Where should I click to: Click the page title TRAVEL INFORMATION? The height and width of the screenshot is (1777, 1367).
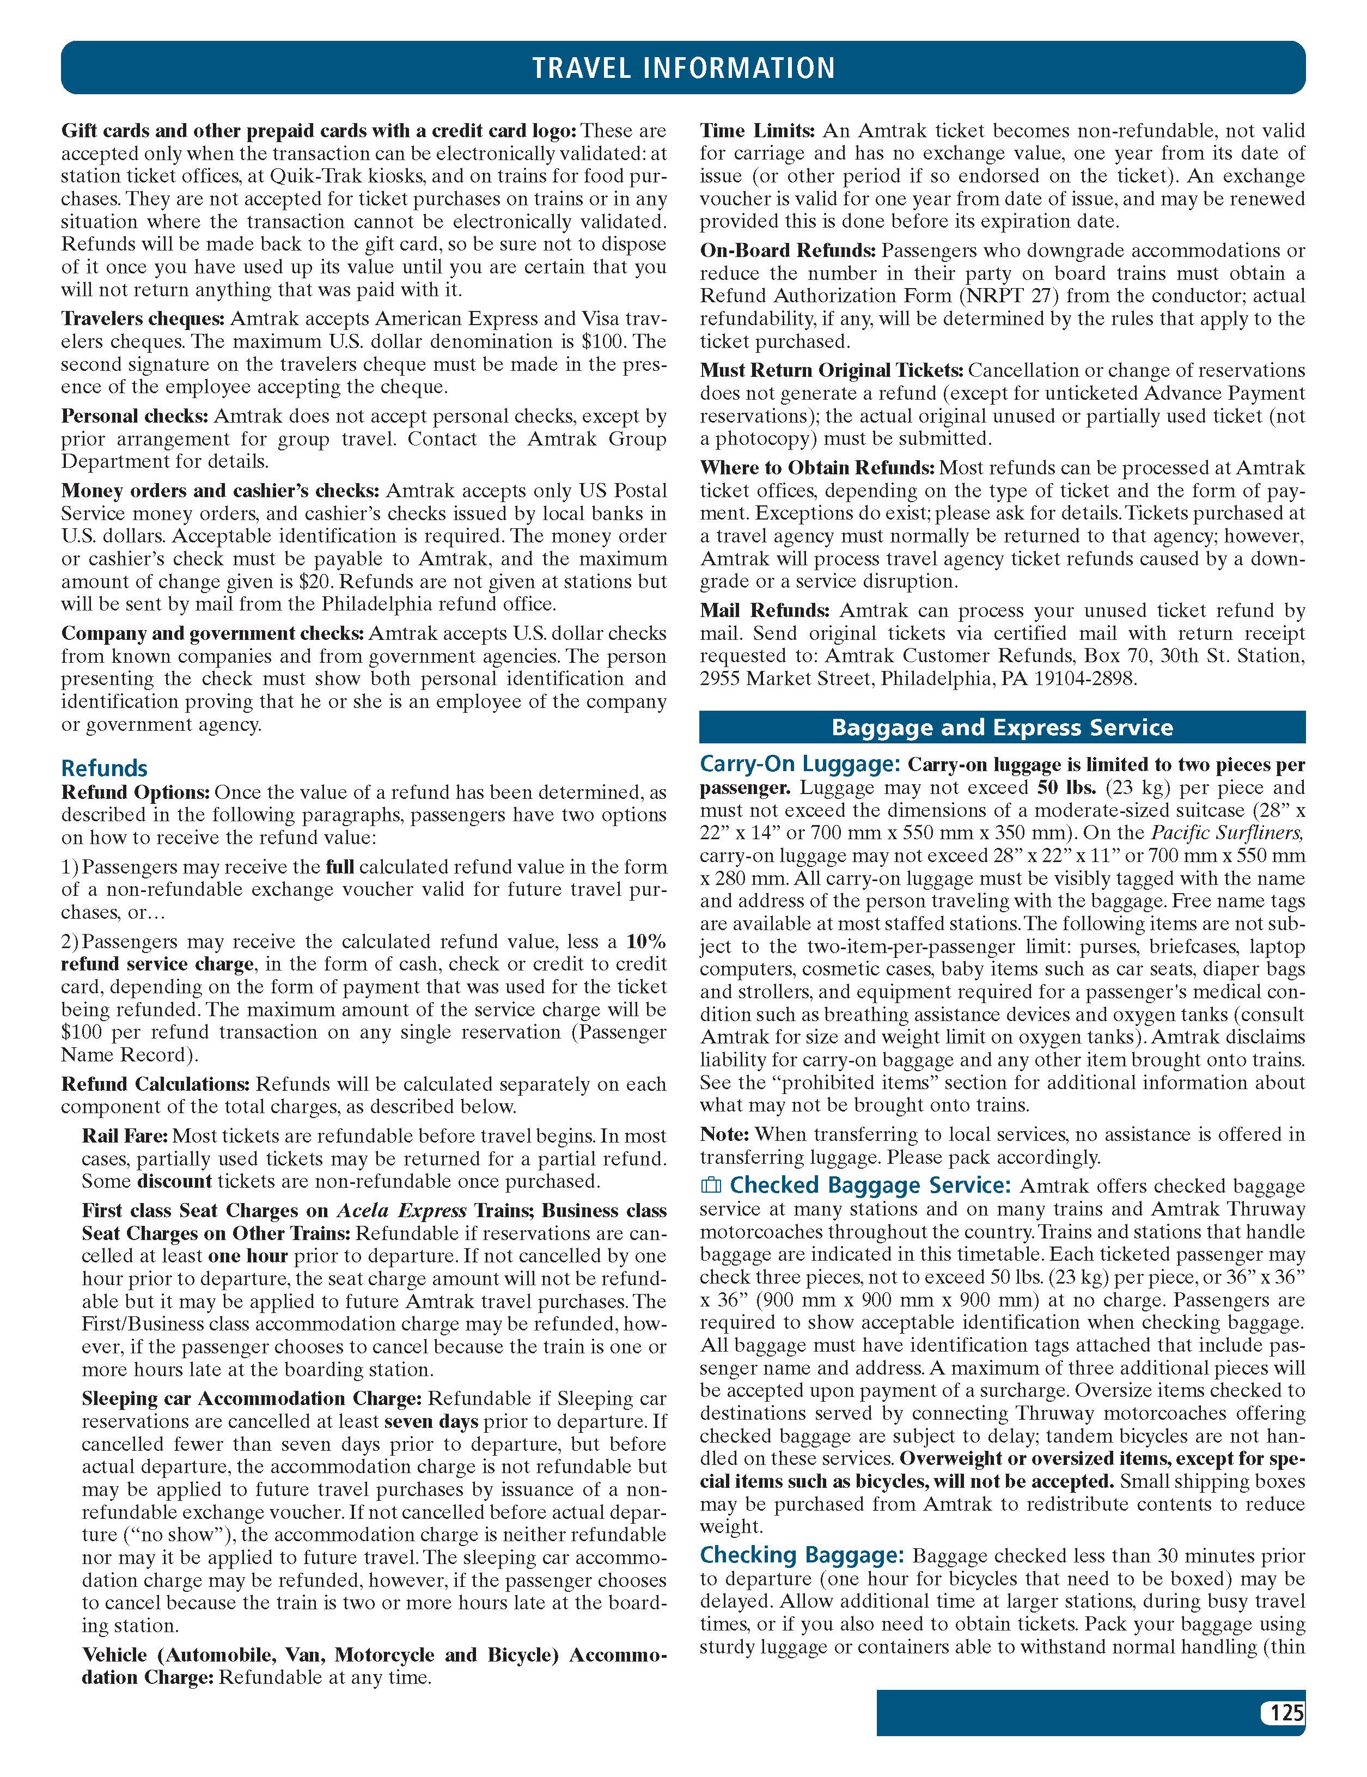coord(683,68)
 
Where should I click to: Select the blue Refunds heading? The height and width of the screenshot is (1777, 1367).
coord(104,768)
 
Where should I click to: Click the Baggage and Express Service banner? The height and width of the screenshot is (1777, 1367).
coord(1002,726)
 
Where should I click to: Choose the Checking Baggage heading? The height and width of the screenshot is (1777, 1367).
coord(802,1555)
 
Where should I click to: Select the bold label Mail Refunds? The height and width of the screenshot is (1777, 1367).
coord(765,610)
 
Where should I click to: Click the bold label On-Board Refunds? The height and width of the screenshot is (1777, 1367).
coord(788,251)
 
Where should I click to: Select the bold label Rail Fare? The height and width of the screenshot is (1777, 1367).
coord(125,1136)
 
